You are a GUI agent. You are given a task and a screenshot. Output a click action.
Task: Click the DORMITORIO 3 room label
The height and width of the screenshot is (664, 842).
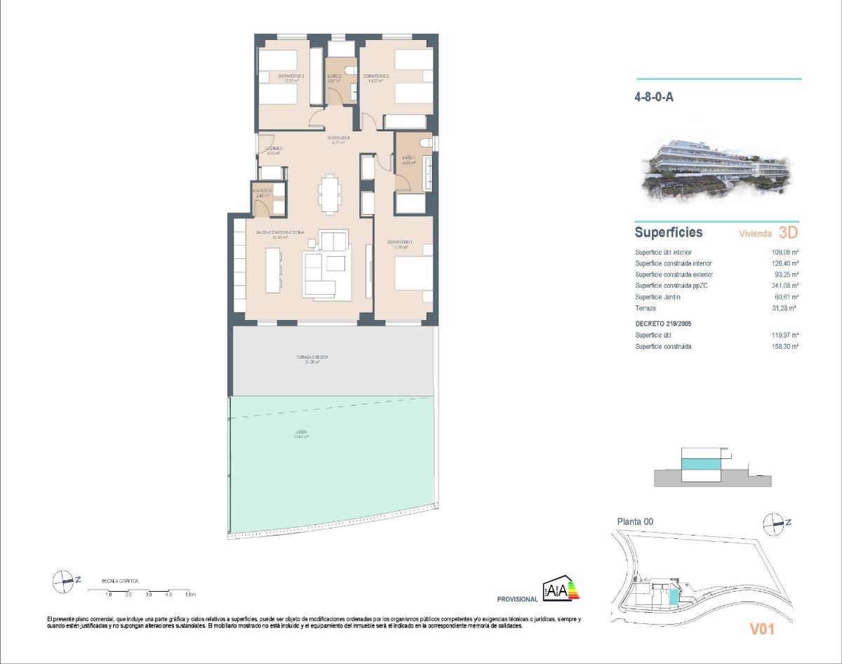290,76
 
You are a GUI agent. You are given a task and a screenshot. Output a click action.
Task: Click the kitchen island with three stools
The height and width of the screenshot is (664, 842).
271,267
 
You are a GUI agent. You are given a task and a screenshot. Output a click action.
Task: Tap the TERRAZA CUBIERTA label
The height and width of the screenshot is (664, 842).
312,357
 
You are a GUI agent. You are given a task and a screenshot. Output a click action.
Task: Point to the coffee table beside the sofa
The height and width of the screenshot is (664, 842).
335,263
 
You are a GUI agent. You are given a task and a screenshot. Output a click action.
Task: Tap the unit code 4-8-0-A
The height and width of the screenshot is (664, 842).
654,98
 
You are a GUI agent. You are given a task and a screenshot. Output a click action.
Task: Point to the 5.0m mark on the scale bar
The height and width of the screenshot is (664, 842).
190,595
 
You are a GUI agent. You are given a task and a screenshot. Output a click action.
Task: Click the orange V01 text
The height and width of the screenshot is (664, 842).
761,630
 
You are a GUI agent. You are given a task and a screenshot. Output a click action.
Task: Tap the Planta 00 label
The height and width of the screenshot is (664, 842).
635,522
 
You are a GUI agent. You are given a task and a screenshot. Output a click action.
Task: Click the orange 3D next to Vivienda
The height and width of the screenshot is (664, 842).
788,232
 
